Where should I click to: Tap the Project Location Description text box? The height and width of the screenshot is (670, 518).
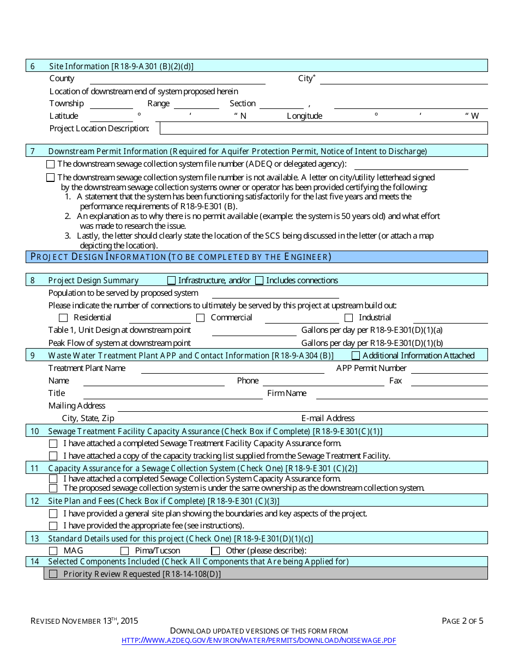[x=323, y=128]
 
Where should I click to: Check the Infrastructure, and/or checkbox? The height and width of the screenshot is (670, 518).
[x=172, y=281]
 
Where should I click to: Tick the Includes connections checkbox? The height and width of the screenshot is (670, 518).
[x=260, y=281]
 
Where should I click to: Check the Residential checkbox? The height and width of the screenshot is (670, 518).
[x=64, y=318]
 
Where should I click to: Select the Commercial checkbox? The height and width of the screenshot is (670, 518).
[x=201, y=318]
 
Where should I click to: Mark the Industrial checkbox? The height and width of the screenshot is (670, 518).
[x=349, y=318]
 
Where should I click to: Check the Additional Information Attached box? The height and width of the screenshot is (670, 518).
[x=356, y=356]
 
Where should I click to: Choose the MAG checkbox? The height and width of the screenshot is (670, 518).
[x=53, y=551]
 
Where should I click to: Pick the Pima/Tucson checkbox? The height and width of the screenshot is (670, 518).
[x=125, y=551]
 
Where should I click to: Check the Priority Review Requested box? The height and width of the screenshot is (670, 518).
[x=53, y=574]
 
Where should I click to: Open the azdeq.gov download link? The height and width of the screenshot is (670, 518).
[x=258, y=641]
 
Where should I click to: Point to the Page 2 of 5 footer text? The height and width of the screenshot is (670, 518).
[x=462, y=620]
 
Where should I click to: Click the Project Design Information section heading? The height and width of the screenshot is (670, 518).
[x=181, y=257]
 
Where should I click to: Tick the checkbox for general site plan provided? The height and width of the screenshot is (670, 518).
[x=53, y=514]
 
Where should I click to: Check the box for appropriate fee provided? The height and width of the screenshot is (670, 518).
[x=53, y=526]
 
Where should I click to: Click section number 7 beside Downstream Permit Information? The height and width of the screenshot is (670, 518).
[x=33, y=151]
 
